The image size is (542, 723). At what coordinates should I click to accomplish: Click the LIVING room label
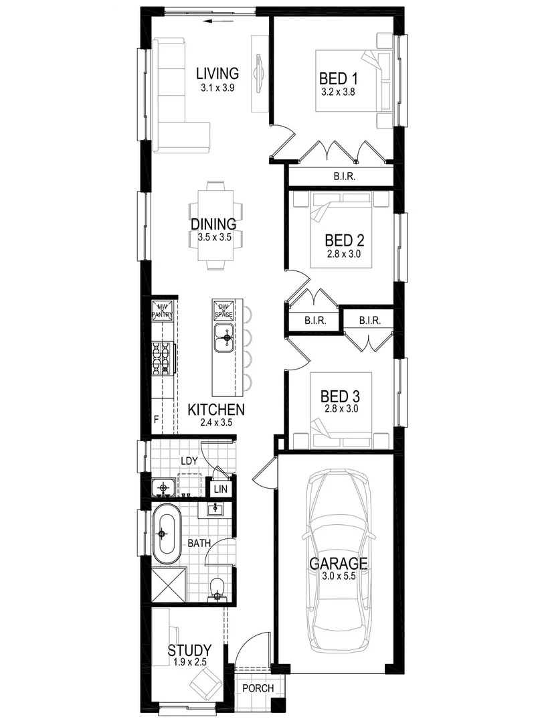(x=217, y=72)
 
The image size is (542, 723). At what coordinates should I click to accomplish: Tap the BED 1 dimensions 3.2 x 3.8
(x=337, y=92)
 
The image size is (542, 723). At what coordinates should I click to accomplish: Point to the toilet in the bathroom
(x=216, y=588)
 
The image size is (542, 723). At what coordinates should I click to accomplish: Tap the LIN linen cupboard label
(x=219, y=489)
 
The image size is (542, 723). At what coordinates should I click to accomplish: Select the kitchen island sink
(x=223, y=336)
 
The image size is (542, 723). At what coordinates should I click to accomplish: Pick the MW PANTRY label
(x=161, y=310)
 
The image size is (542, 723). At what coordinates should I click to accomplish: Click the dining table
(x=216, y=225)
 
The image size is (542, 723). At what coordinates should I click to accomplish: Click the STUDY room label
(x=189, y=650)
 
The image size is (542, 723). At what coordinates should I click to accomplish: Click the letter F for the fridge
(x=156, y=420)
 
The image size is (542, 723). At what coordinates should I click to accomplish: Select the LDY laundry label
(x=188, y=461)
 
